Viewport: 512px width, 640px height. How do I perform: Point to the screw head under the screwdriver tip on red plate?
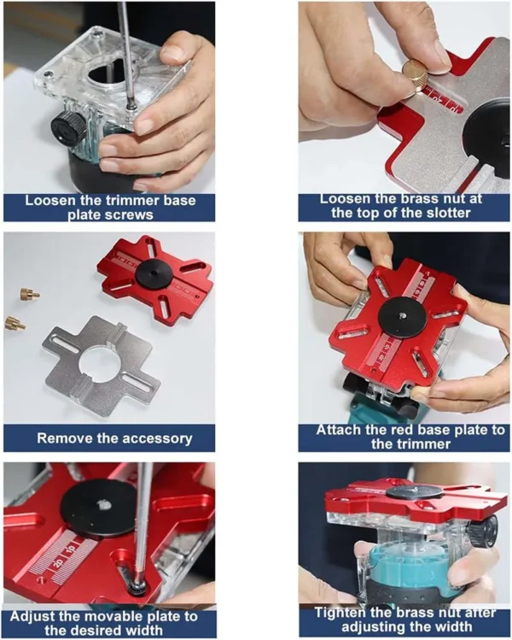click(x=135, y=589)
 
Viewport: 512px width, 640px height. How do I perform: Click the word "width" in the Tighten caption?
click(x=454, y=626)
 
